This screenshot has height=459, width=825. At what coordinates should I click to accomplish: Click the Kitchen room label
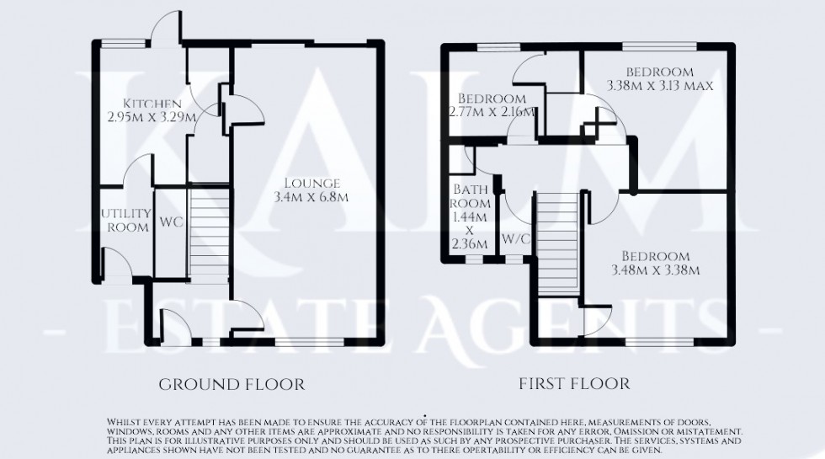(150, 104)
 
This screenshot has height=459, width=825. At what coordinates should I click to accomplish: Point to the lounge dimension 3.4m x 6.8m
(311, 198)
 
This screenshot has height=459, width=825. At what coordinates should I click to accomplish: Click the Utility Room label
(125, 221)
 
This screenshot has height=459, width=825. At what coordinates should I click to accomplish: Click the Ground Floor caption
(232, 385)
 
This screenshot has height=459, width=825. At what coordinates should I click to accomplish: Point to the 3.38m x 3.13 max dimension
(662, 84)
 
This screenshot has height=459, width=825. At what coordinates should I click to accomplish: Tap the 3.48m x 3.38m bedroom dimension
(655, 270)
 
